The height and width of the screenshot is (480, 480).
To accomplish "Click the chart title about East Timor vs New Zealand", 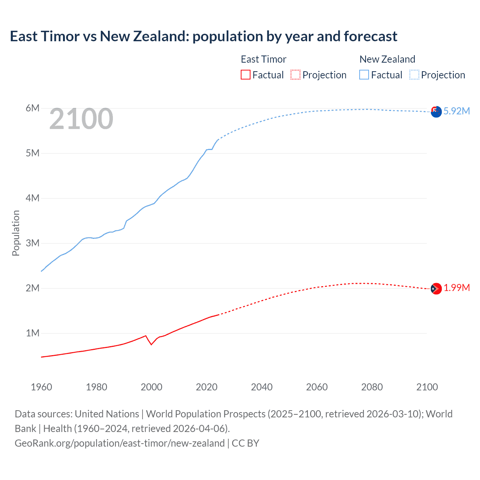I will [203, 36].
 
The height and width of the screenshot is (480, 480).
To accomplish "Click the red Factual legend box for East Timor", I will [245, 75].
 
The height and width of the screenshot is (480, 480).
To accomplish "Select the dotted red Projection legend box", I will [295, 75].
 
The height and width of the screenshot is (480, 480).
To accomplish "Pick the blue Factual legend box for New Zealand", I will [364, 75].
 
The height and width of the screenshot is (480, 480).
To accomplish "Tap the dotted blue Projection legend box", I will [414, 75].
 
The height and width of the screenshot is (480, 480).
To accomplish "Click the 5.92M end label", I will [456, 111].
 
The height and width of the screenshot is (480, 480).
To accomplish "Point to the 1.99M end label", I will [456, 288].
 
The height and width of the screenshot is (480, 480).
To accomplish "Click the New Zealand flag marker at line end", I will [436, 112].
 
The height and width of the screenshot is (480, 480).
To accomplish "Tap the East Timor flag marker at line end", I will [436, 289].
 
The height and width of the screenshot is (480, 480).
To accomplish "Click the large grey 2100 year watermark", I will [81, 119].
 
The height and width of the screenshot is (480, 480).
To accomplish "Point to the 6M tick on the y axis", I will [33, 108].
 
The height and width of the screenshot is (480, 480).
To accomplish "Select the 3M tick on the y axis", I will [33, 243].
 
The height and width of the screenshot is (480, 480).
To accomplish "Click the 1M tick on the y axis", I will [33, 333].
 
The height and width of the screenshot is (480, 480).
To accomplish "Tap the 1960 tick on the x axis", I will [41, 387].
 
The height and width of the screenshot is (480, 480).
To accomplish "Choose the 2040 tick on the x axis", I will [262, 387].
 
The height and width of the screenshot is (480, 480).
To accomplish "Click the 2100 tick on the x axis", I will [427, 387].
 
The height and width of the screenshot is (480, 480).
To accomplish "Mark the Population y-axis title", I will [16, 233].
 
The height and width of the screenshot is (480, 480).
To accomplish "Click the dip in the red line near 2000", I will [151, 344].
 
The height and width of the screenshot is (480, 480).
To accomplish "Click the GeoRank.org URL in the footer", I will [120, 443].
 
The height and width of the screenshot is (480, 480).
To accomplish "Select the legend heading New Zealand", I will [387, 59].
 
